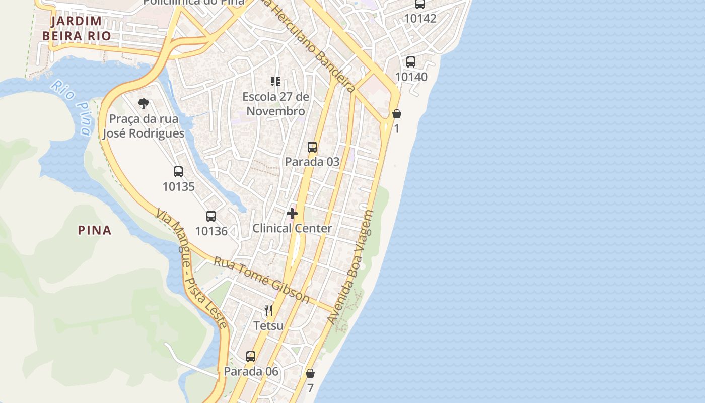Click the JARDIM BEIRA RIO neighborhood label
76,28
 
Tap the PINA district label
95,230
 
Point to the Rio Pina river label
71,107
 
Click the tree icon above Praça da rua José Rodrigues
144,104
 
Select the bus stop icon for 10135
178,171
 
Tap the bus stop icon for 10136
211,216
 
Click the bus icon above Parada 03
312,147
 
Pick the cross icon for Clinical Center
292,214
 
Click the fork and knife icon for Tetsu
268,310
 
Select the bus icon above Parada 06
251,357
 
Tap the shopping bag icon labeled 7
310,373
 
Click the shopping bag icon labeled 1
397,114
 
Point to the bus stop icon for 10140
411,62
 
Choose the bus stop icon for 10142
420,4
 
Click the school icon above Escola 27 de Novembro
275,81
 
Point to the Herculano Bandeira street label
312,45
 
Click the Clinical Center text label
292,228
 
